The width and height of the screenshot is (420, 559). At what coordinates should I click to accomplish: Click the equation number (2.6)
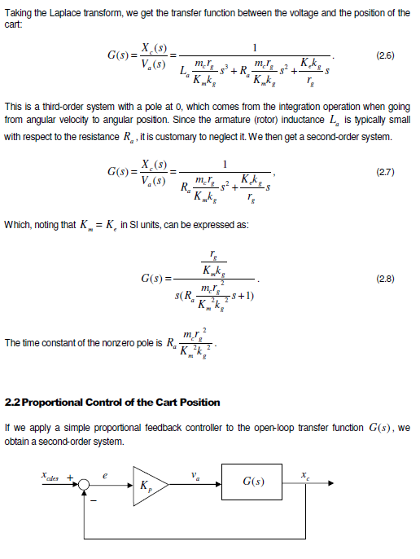385,55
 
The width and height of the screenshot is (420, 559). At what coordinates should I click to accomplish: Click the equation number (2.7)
385,173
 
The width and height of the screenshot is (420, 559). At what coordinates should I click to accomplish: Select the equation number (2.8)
385,279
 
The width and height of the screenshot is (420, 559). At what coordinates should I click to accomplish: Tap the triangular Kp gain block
149,486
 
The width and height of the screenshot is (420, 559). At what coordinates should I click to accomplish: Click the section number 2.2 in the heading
15,403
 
